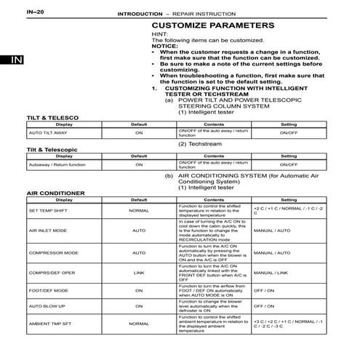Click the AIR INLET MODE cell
tap(44, 232)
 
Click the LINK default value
tap(138, 273)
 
